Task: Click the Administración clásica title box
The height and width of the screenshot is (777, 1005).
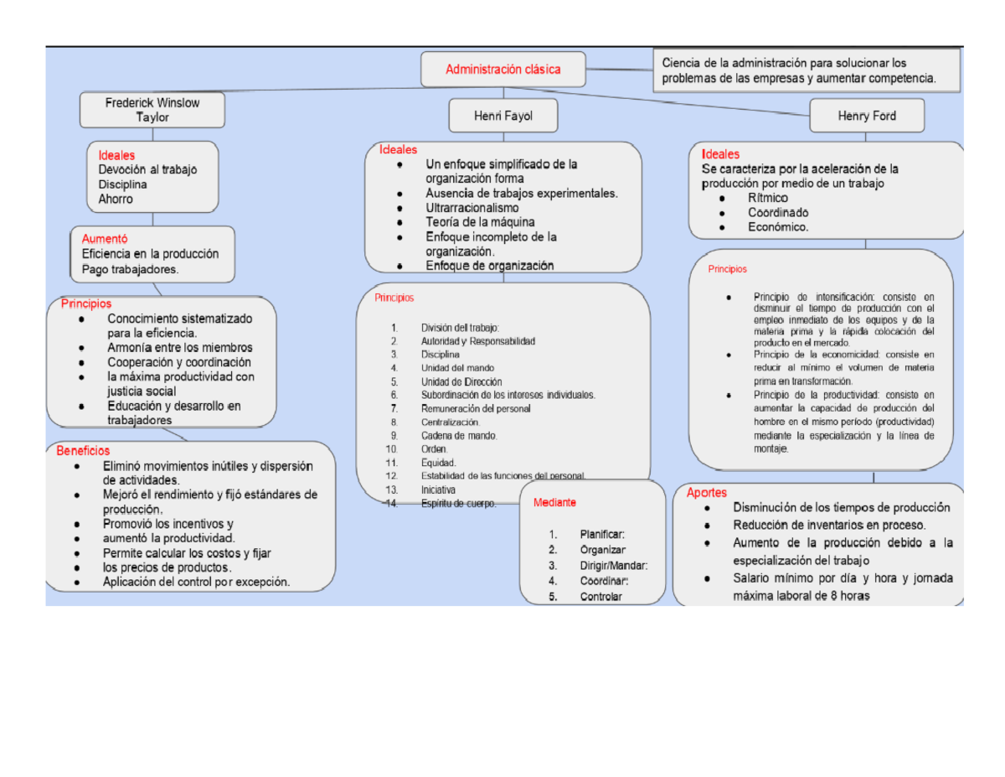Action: coord(502,69)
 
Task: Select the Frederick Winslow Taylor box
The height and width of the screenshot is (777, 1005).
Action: coord(152,110)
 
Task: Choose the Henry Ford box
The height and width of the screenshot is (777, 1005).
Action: coord(866,116)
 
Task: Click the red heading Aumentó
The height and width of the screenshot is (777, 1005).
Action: coord(105,238)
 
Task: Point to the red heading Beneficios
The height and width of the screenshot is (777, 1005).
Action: coord(83,450)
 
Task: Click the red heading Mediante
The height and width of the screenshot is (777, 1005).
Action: coord(554,503)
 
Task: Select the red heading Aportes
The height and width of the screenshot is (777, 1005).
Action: coord(707,493)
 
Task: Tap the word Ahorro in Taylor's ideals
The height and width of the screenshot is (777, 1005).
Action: coord(115,199)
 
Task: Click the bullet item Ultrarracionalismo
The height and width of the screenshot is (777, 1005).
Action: coord(472,207)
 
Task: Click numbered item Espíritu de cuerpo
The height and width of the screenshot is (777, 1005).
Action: coord(458,504)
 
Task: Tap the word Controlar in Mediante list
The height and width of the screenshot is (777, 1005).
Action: coord(600,597)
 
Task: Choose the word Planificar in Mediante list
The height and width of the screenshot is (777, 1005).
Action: coord(601,534)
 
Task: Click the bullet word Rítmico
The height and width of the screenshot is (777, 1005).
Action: coord(768,199)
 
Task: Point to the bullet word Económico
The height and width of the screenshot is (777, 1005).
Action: coord(778,227)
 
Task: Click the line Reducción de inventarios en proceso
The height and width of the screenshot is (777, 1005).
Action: coord(829,525)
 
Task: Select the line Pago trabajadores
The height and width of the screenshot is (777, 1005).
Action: coord(130,269)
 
